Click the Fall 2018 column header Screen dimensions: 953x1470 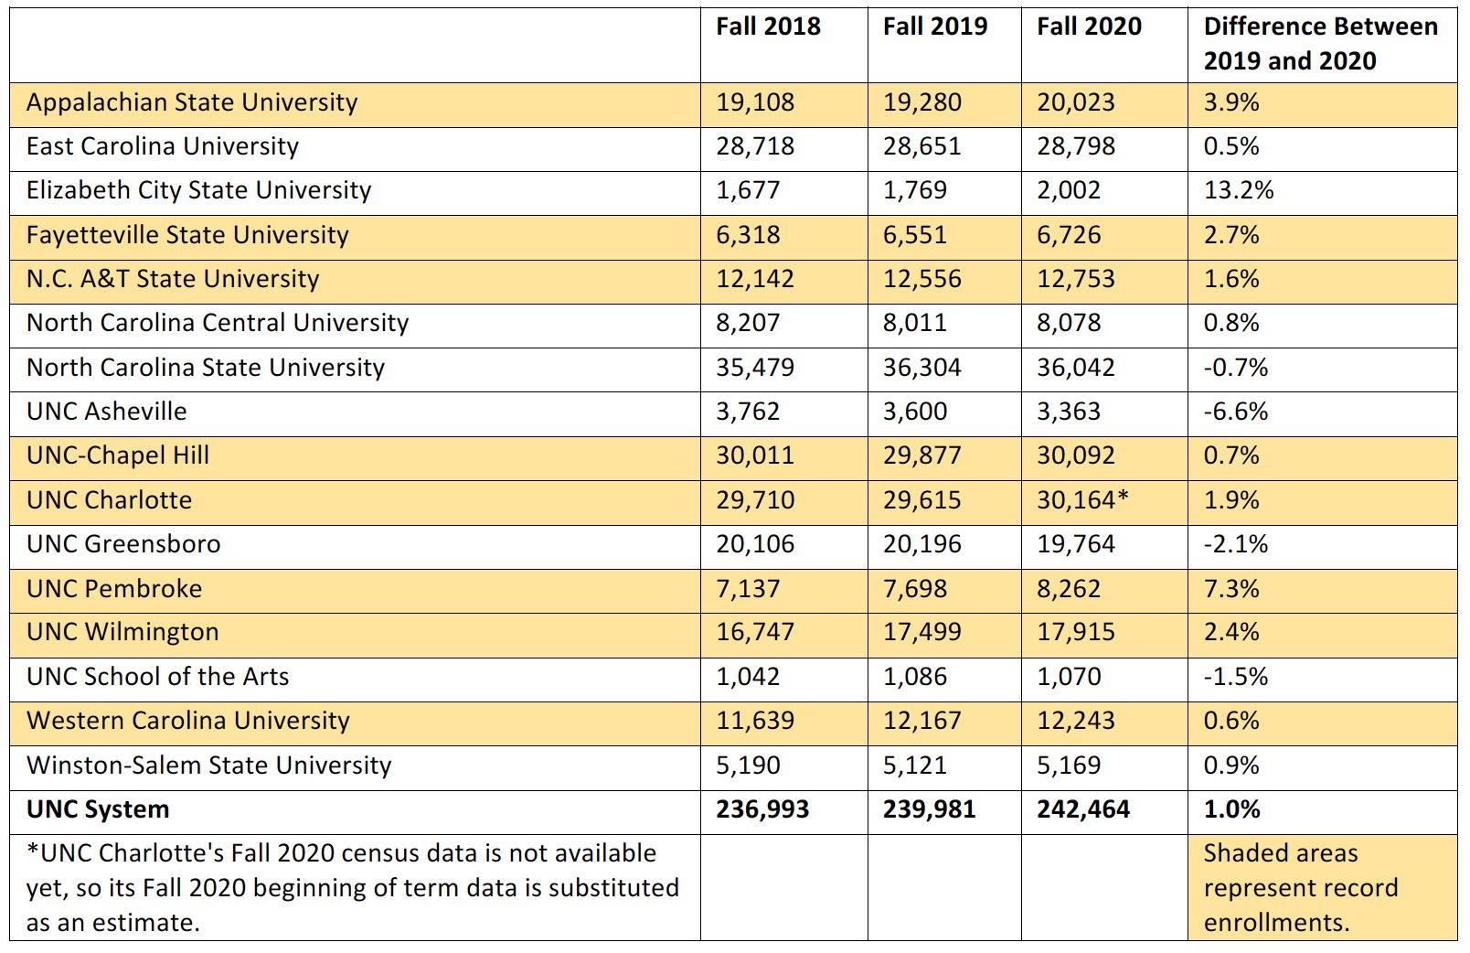click(768, 27)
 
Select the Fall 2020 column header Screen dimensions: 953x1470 click(1088, 27)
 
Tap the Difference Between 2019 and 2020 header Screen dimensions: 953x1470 click(1319, 44)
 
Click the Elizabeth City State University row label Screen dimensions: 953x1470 click(198, 190)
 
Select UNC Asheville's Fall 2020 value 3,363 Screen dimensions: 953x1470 click(1068, 412)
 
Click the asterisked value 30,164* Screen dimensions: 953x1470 click(1082, 500)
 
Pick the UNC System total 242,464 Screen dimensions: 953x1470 click(1082, 809)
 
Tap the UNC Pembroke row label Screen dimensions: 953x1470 click(114, 589)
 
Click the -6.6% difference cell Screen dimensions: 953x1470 click(1235, 412)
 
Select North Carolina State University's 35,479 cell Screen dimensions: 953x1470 click(754, 368)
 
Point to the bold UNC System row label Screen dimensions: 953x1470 click(98, 809)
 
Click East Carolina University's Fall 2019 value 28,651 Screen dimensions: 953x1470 click(921, 146)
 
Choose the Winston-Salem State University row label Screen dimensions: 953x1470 click(208, 766)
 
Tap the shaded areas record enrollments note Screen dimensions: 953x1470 click(1300, 887)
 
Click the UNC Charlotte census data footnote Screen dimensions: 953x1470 click(352, 887)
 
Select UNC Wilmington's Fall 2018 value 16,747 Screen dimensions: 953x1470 click(754, 632)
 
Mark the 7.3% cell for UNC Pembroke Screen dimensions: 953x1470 click(1230, 589)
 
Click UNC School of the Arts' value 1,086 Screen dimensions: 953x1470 click(914, 677)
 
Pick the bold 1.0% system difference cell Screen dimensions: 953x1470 click(1230, 809)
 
